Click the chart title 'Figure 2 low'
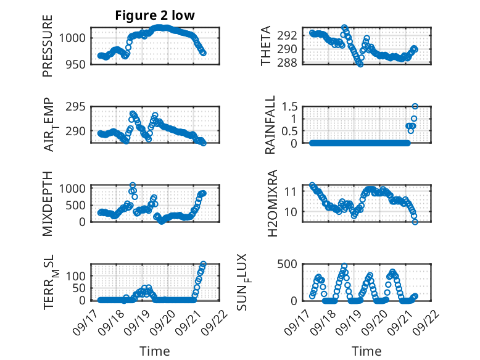click(x=155, y=15)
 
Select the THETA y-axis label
click(x=266, y=46)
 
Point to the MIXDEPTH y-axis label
click(x=48, y=203)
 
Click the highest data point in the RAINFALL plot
click(x=415, y=106)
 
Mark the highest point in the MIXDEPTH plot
click(x=133, y=185)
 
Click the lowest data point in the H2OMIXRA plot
click(x=415, y=222)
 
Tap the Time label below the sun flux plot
click(x=366, y=351)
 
